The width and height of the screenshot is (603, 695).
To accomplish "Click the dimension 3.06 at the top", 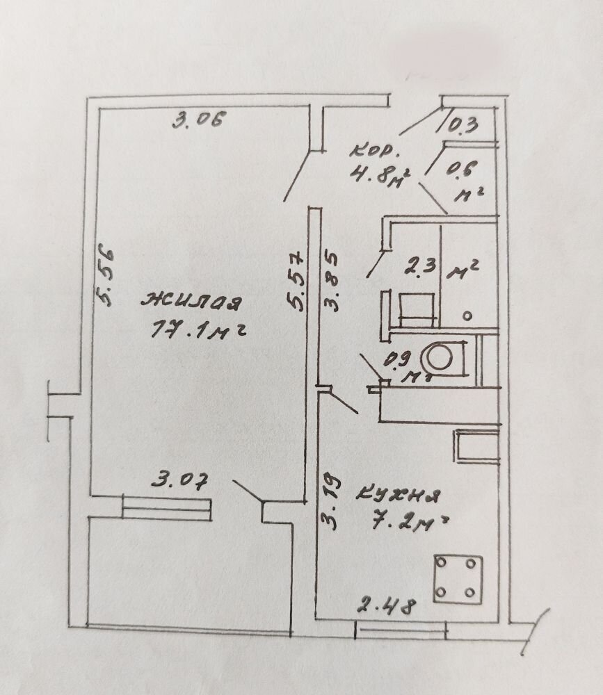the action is pyautogui.click(x=199, y=120).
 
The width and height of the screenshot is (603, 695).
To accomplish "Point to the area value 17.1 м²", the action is pyautogui.click(x=198, y=329).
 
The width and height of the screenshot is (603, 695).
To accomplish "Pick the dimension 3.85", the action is pyautogui.click(x=331, y=281).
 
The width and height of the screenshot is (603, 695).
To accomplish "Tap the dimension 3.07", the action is pyautogui.click(x=179, y=480).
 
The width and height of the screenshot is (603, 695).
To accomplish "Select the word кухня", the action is pyautogui.click(x=398, y=495).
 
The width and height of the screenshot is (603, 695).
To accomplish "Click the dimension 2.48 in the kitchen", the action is pyautogui.click(x=387, y=606).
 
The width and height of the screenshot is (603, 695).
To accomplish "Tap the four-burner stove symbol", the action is pyautogui.click(x=458, y=579).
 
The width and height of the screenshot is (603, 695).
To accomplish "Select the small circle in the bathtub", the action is pyautogui.click(x=467, y=316).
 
